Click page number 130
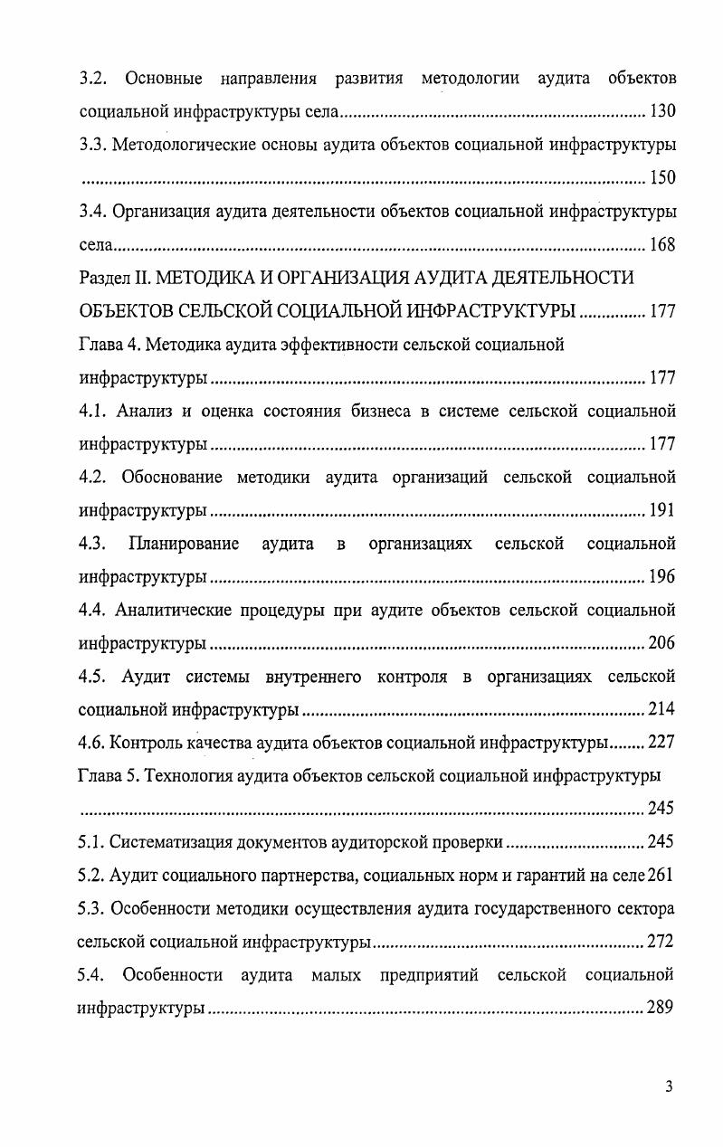662,111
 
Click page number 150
662,177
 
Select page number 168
662,244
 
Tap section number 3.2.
94,78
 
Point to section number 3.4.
94,211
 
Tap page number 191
662,510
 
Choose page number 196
662,576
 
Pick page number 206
662,643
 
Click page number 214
662,709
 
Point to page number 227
662,743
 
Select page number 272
661,942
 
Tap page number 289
661,1008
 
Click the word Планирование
185,544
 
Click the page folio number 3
668,1086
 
